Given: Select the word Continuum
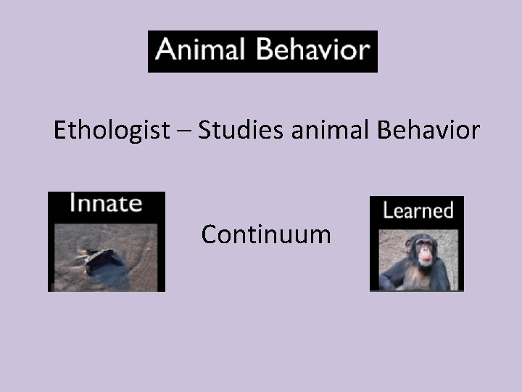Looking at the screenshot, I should (266, 234).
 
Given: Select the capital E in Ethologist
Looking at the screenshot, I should (61, 131).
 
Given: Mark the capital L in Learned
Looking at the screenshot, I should (387, 211).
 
